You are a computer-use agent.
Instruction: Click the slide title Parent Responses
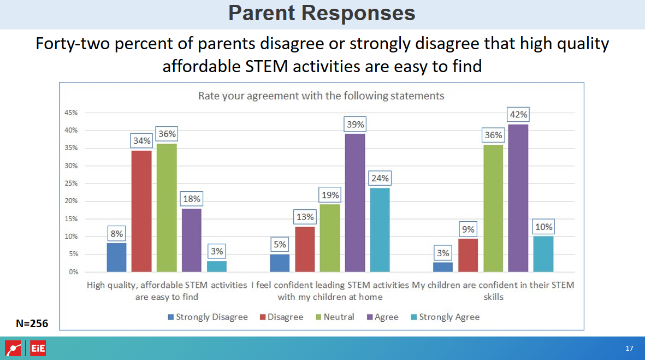(x=322, y=13)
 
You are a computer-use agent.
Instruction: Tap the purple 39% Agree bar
(x=355, y=203)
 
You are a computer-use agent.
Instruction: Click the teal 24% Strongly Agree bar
(x=380, y=229)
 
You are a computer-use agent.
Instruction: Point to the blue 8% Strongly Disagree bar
(x=116, y=257)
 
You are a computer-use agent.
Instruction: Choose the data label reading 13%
(x=305, y=217)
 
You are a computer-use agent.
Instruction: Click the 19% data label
(x=330, y=195)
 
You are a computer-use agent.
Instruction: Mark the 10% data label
(x=544, y=227)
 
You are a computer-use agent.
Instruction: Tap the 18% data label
(x=192, y=199)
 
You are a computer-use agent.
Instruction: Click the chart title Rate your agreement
(x=321, y=96)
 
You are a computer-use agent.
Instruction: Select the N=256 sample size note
(x=32, y=323)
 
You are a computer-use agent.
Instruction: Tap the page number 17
(x=629, y=349)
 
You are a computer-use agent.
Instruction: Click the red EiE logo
(x=38, y=349)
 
